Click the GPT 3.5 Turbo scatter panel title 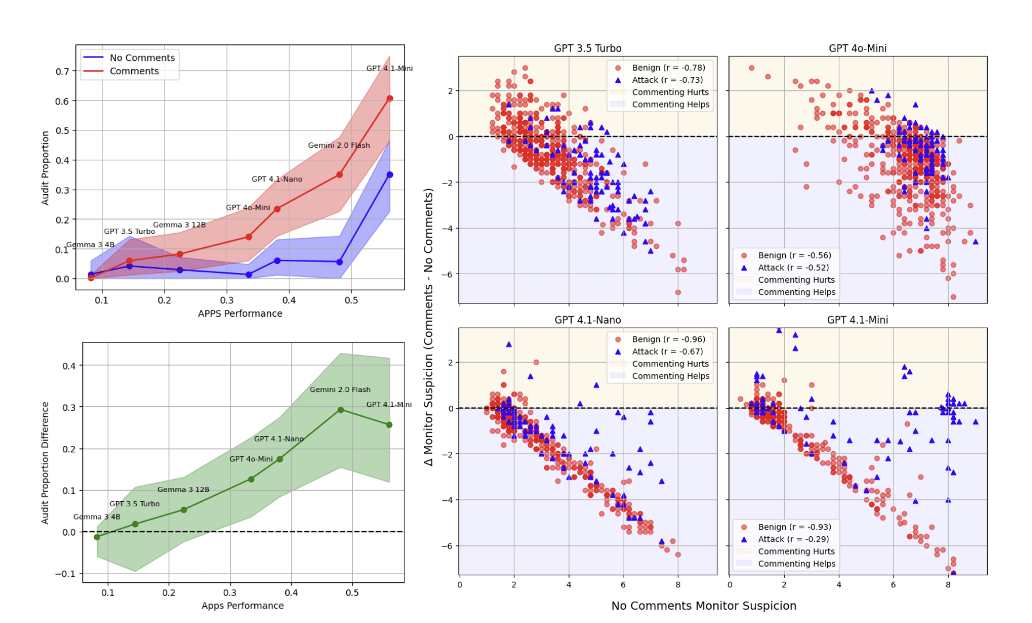point(587,48)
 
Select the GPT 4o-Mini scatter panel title point(857,48)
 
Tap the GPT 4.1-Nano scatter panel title point(587,320)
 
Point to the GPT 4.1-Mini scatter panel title point(857,320)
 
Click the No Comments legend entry point(142,58)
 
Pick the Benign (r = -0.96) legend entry point(668,340)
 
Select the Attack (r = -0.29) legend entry point(793,539)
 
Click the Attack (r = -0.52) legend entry point(793,268)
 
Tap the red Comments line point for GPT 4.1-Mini point(390,99)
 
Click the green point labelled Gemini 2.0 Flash point(341,410)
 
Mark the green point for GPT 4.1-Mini point(389,425)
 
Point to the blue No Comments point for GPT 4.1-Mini point(390,175)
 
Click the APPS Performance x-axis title point(240,314)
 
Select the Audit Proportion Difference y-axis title point(45,463)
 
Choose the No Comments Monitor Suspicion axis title point(704,606)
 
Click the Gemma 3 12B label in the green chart point(183,490)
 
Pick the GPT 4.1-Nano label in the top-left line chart point(277,179)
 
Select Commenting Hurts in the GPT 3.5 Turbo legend point(670,93)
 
